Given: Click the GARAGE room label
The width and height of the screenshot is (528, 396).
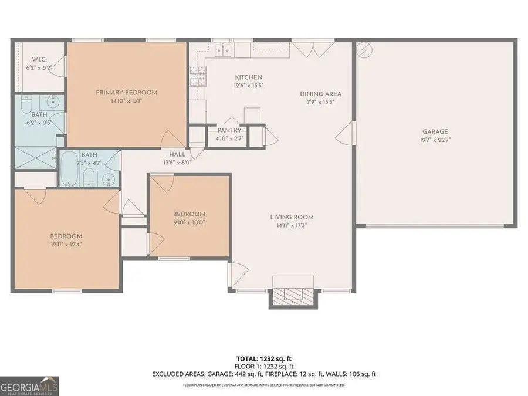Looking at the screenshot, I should [435, 132].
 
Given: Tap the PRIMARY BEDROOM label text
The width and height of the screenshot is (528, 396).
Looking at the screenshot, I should [127, 92].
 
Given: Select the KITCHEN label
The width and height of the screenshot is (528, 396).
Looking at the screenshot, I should [248, 77].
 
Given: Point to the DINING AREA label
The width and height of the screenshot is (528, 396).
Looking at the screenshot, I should [320, 94].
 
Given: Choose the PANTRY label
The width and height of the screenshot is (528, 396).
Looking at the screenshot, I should [229, 130].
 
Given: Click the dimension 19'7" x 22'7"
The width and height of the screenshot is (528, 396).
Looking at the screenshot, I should [435, 140].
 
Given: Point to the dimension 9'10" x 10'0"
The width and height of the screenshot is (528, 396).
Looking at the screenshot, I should [189, 222].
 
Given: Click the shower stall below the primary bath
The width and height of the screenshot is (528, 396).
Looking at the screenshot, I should [35, 157].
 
